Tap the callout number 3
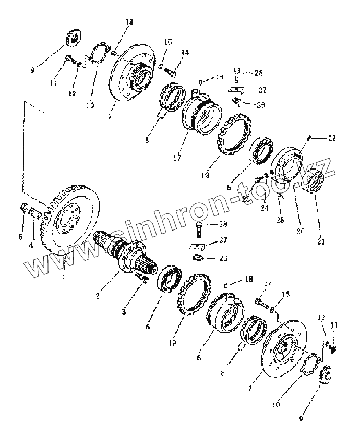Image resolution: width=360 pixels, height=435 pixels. [x=124, y=312]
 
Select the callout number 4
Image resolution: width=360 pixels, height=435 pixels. [x=31, y=245]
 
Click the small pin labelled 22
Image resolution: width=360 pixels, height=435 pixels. [x=310, y=138]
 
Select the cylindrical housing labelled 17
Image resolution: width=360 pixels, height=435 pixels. [x=201, y=112]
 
